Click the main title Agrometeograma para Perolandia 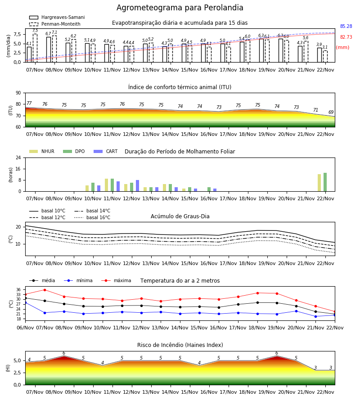(180, 8)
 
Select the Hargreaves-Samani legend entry (57, 17)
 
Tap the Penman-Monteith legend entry (55, 24)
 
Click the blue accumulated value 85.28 (346, 27)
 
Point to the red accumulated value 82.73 (346, 37)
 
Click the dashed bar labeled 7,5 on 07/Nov (35, 48)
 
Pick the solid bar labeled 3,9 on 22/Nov (319, 55)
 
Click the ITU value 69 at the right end (331, 112)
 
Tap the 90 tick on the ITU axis (18, 93)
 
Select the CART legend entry (106, 151)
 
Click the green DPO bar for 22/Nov (325, 182)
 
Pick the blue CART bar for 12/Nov (137, 186)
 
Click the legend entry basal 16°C (92, 217)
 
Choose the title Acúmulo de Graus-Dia (180, 216)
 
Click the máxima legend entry (116, 280)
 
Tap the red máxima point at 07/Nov (45, 290)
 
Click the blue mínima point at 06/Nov (25, 302)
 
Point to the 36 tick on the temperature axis (18, 289)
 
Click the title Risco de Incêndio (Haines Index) (180, 345)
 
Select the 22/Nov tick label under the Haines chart (325, 392)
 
